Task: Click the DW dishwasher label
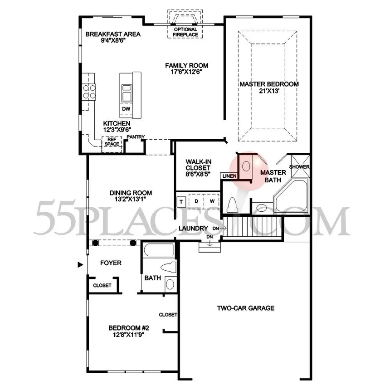[126, 109]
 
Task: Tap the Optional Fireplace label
[185, 32]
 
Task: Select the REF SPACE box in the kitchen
[112, 144]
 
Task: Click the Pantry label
[136, 137]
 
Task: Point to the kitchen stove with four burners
[89, 92]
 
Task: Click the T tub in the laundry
[181, 201]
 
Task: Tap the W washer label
[212, 201]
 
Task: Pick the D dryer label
[196, 201]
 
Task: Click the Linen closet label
[229, 176]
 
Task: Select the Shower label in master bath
[299, 166]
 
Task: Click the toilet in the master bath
[232, 205]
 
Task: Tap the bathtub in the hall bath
[159, 250]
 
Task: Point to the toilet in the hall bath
[169, 268]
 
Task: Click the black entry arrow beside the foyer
[80, 265]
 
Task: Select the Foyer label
[111, 263]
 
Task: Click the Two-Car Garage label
[246, 308]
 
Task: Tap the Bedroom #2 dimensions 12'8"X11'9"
[129, 335]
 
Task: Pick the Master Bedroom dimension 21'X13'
[269, 91]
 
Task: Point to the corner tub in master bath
[291, 196]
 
